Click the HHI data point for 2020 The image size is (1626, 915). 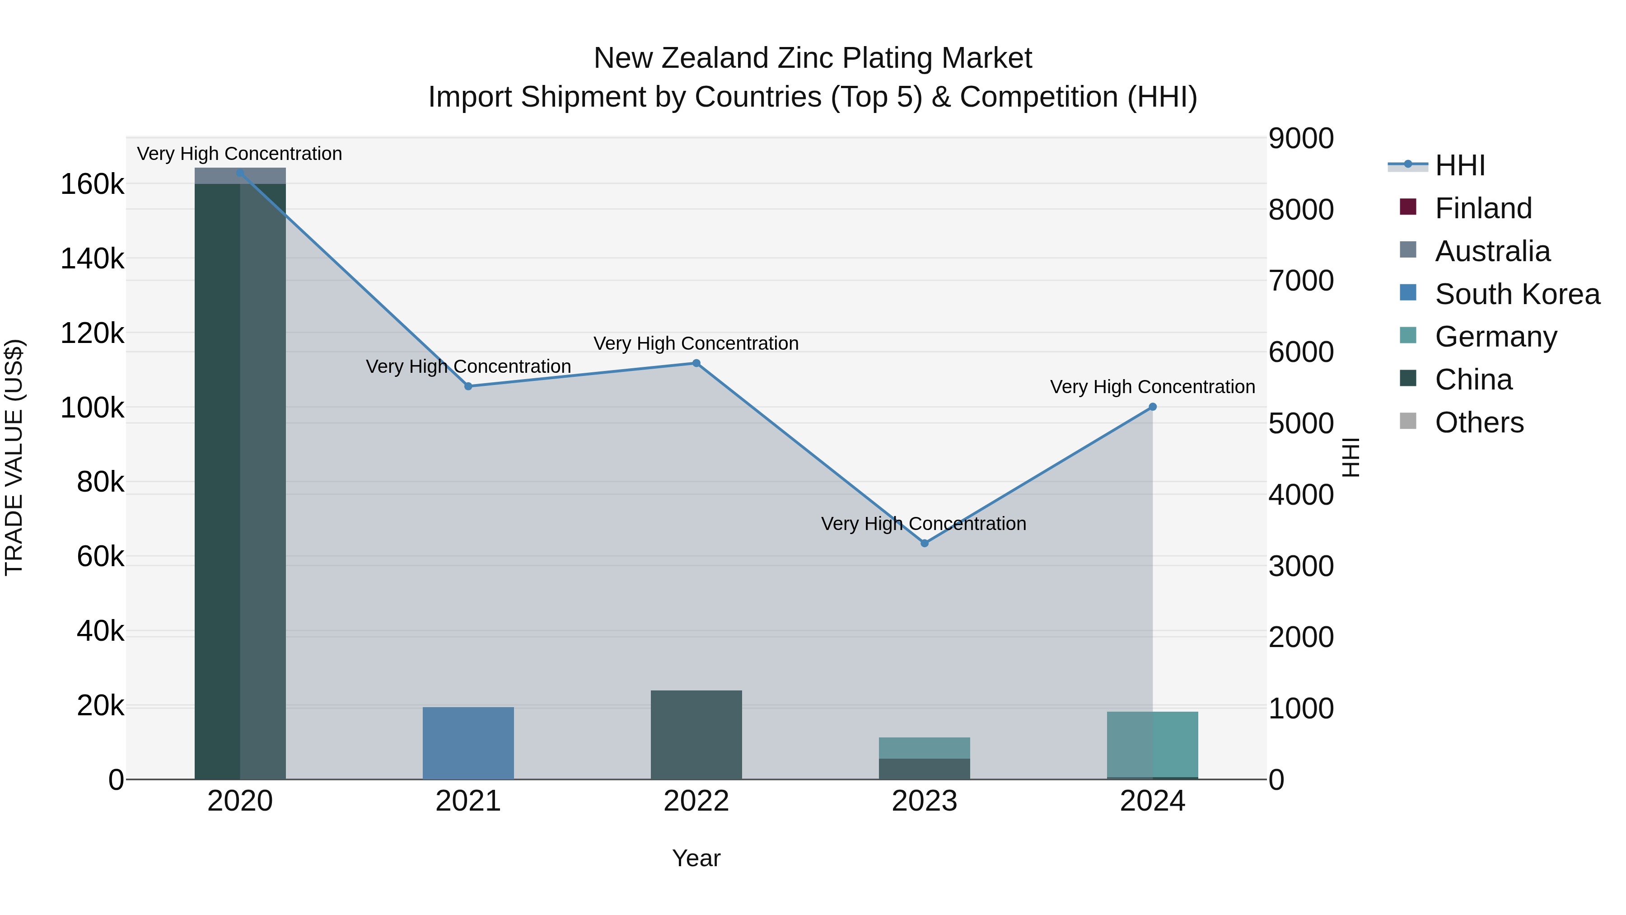[240, 173]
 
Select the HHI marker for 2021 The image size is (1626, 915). [468, 386]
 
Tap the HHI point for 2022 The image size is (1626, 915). [696, 363]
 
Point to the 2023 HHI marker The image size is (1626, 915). [925, 543]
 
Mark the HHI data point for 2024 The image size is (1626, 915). [1153, 407]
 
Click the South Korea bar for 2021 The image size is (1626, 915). [468, 743]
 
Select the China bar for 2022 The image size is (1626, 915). [696, 735]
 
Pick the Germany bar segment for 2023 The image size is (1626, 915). [925, 748]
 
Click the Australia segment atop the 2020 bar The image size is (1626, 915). [240, 176]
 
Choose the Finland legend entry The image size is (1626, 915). [1483, 208]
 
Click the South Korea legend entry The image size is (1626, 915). [1517, 294]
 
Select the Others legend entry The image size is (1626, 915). [1479, 422]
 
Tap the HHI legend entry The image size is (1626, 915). [1459, 165]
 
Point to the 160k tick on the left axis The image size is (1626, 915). [92, 184]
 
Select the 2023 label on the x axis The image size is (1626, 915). [925, 801]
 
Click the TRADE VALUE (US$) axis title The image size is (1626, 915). [14, 457]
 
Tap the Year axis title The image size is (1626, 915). [696, 858]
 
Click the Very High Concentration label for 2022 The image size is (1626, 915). [696, 343]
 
